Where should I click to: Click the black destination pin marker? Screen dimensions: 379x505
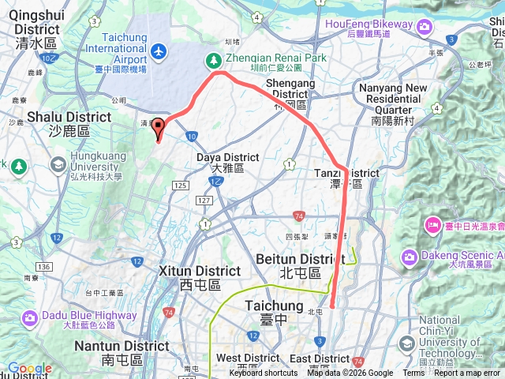[x=158, y=128]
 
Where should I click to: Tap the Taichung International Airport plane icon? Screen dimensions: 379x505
[x=159, y=51]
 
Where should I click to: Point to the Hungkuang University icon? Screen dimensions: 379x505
[x=58, y=164]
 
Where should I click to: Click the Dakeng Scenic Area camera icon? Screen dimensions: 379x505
[x=410, y=257]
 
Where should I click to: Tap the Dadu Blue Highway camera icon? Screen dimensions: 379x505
[x=29, y=318]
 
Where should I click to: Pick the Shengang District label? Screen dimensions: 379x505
[x=290, y=89]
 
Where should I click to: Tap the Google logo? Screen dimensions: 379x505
[x=29, y=369]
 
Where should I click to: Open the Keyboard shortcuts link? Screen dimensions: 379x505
[x=264, y=373]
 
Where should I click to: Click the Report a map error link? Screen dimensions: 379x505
[x=467, y=373]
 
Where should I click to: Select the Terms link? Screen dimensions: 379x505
[x=413, y=373]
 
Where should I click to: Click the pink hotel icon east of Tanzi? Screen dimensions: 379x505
[x=434, y=226]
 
